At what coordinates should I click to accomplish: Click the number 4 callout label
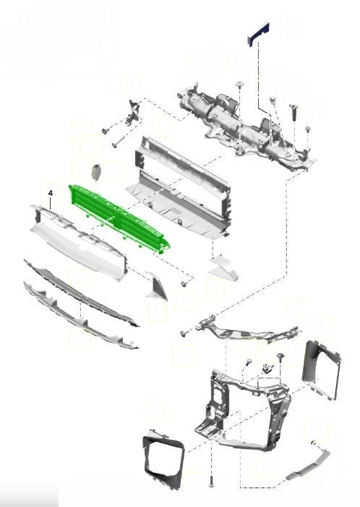coord(50,193)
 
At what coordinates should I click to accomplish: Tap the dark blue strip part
coord(259,33)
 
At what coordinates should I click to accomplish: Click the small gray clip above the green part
coord(96,171)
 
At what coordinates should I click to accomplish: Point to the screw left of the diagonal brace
coord(184,333)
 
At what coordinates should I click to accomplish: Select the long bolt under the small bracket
coord(119,142)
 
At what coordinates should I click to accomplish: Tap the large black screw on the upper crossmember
coord(294,111)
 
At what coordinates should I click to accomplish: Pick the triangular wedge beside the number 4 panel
coord(157,287)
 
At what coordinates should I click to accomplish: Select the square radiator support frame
coord(243,411)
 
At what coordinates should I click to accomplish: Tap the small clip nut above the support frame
coord(267,368)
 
